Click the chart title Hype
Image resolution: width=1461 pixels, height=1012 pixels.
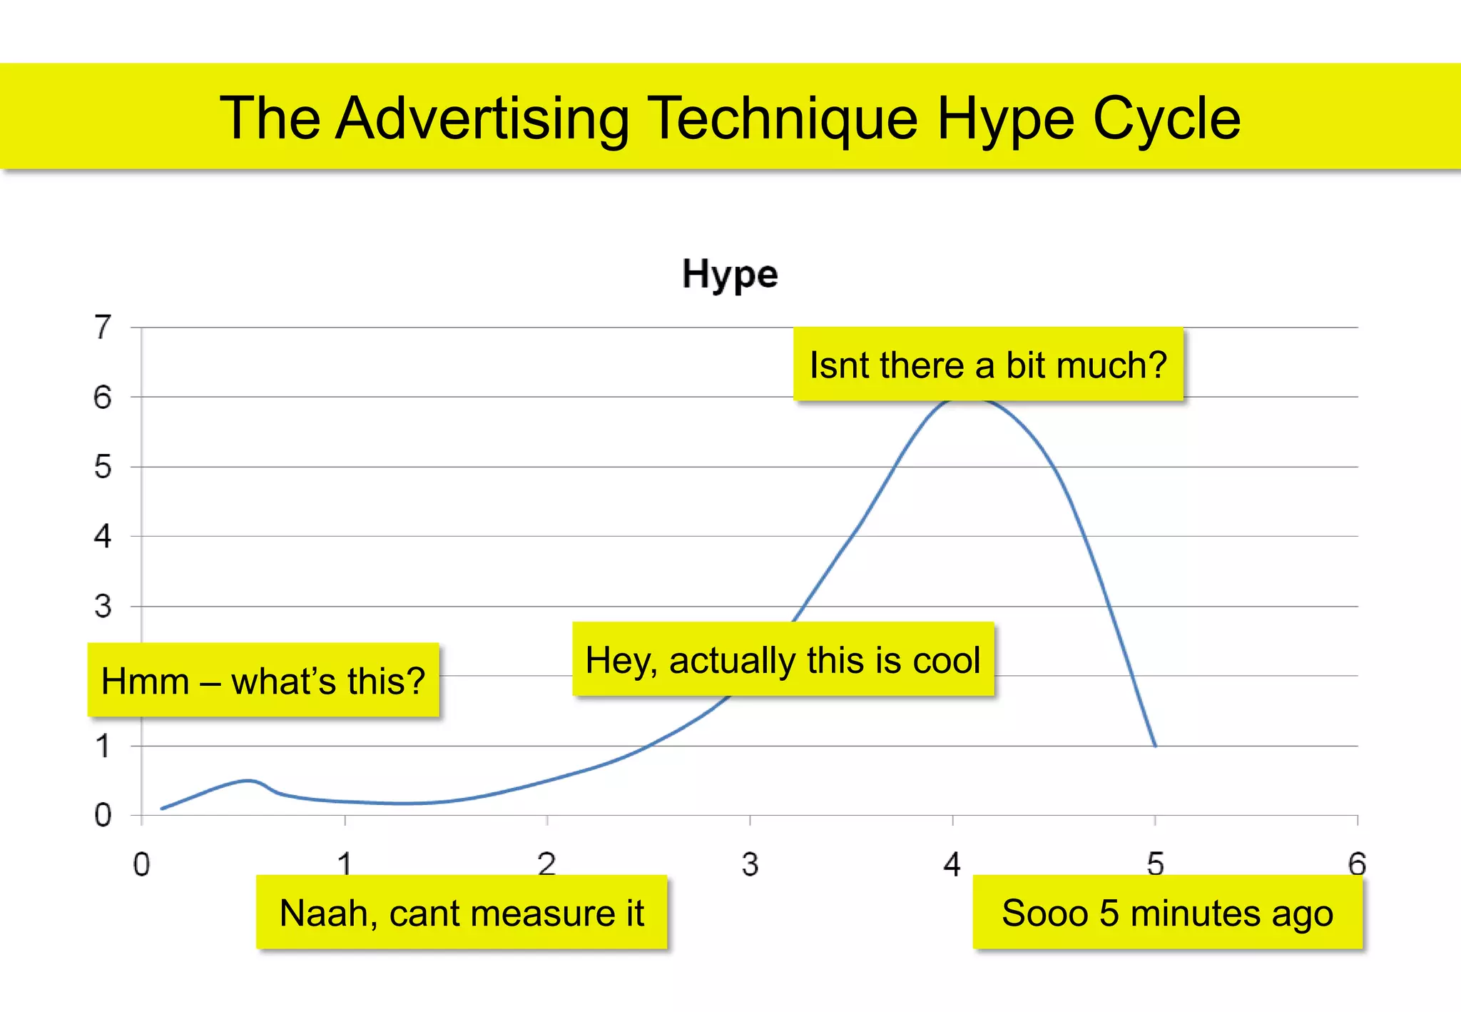point(730,275)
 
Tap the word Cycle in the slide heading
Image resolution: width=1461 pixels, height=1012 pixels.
point(1166,118)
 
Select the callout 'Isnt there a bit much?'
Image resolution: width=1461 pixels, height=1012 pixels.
point(988,365)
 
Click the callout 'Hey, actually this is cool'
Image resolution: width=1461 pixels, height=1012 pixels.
point(783,659)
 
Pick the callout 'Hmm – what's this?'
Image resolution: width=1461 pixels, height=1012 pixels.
point(263,680)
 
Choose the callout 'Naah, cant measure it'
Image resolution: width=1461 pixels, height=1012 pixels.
point(462,913)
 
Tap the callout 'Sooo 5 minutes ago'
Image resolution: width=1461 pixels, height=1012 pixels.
point(1167,913)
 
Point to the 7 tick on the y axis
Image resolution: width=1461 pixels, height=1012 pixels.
point(103,328)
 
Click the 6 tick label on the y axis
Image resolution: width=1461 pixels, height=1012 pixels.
point(103,398)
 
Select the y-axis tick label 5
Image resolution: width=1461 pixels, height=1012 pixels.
point(103,467)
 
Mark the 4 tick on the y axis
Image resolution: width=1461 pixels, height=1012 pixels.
point(103,537)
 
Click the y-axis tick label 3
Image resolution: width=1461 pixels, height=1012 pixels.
point(103,607)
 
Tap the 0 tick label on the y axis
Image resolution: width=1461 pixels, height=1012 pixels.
point(103,815)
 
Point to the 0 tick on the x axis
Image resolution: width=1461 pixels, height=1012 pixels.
point(142,864)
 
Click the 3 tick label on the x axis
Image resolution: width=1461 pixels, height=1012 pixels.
point(750,864)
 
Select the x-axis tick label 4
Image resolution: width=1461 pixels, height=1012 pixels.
point(952,864)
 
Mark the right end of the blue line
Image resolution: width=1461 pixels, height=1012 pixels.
point(1155,746)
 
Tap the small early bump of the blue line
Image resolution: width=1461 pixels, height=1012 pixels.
point(248,781)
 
